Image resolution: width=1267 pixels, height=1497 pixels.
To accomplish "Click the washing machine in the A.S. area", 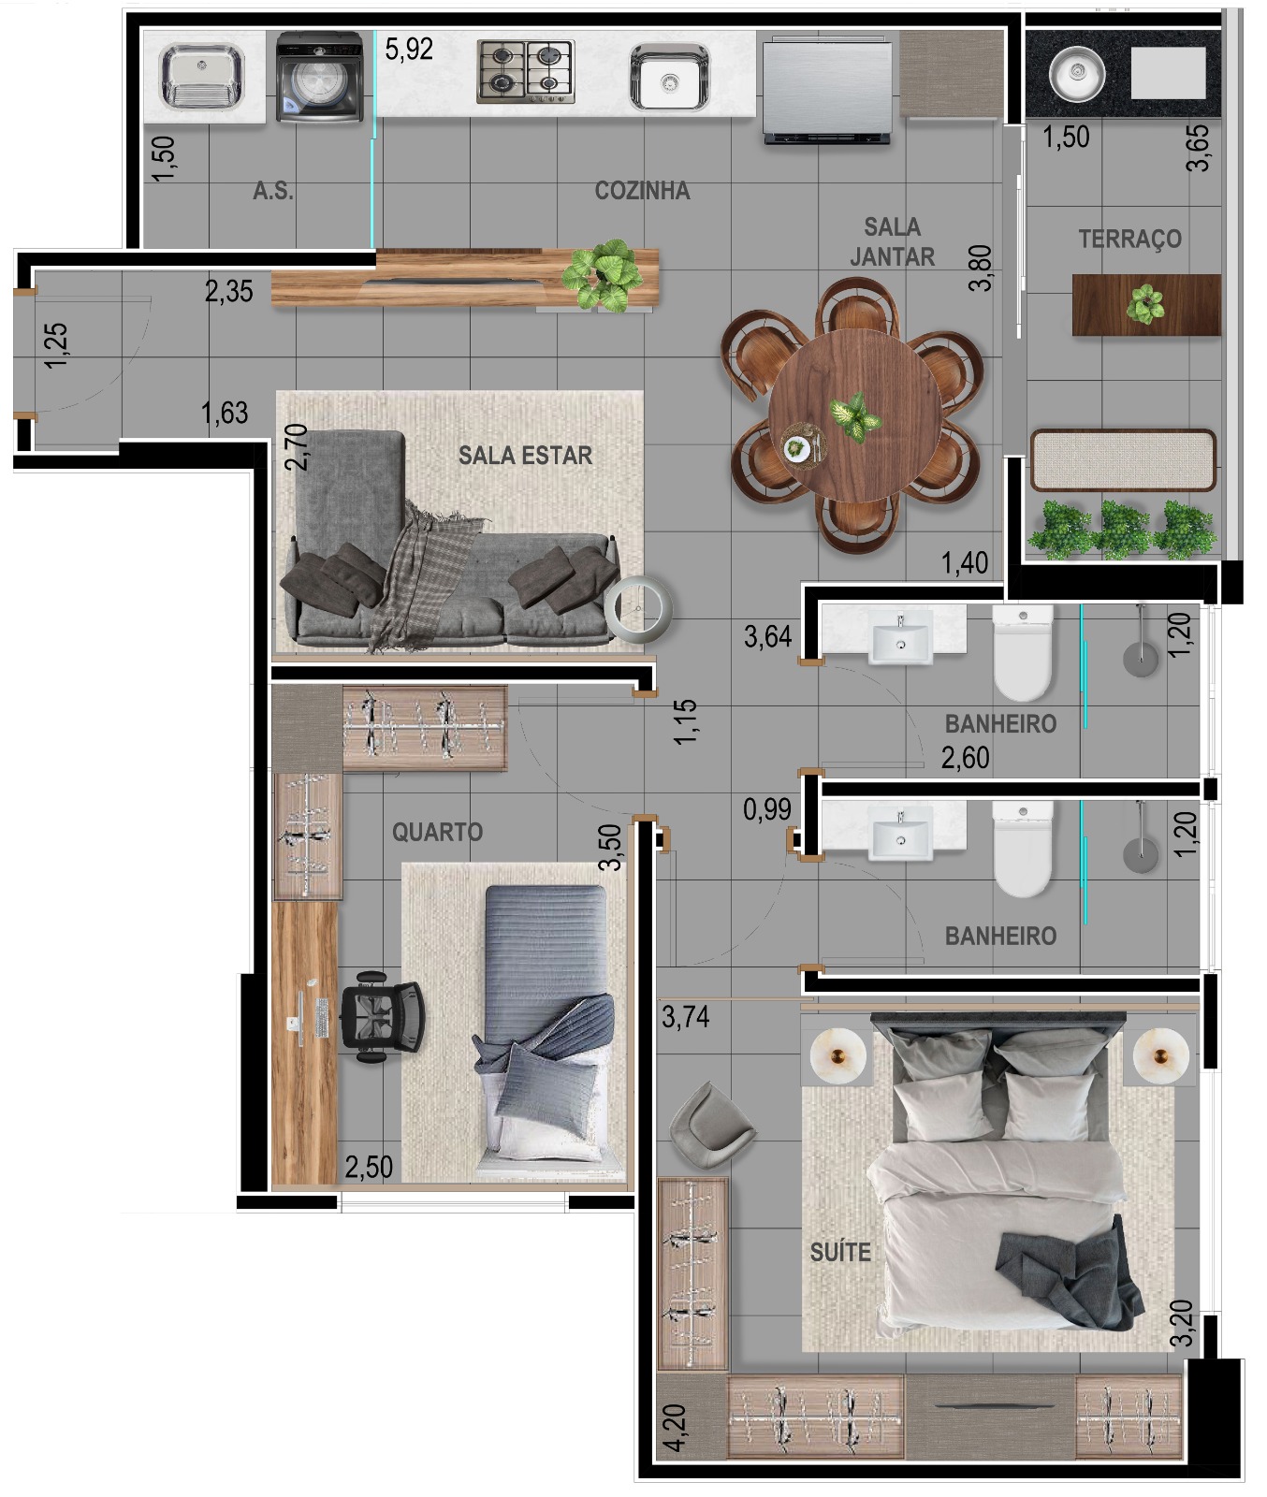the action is pos(320,77).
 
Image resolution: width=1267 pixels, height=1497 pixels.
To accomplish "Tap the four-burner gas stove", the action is pos(525,71).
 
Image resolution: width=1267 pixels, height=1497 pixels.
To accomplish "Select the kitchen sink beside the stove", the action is pos(668,77).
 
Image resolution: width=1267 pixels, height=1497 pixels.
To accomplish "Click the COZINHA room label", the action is pos(643,191).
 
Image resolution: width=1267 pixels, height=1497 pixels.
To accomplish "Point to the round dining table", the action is pos(854,414).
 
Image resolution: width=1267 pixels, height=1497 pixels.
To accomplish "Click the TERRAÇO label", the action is pos(1129,239).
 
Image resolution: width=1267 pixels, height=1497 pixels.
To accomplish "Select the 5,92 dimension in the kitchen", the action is pos(409,49).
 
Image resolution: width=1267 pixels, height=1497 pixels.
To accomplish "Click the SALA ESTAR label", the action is pos(525,456).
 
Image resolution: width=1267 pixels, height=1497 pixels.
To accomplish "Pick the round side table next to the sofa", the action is pos(638,608).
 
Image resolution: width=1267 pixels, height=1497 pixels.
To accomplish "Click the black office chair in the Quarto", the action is pos(382,1017).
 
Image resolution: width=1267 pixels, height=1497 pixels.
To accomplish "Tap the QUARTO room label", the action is pos(437,832).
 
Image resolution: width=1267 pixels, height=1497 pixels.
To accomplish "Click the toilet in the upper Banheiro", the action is pos(1023,652).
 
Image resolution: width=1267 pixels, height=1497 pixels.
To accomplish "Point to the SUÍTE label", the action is pos(840,1252).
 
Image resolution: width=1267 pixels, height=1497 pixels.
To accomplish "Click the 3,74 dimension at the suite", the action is pos(686,1016).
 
